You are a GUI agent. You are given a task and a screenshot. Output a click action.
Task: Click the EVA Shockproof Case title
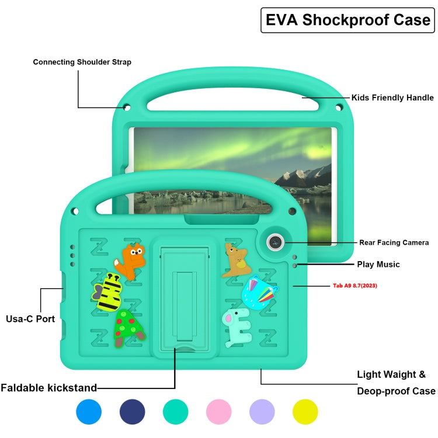pos(348,20)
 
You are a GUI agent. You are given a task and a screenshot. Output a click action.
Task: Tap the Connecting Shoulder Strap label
pos(82,62)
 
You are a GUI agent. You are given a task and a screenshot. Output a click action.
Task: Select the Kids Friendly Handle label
pos(392,98)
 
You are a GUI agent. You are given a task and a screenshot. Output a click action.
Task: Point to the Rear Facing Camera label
pos(394,242)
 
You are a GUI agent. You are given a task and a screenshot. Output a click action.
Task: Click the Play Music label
pos(378,265)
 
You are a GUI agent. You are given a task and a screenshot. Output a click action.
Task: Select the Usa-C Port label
pos(30,319)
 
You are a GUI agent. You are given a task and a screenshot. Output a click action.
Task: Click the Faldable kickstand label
pos(48,387)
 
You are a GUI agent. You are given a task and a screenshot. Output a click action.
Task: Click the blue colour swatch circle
pos(89,412)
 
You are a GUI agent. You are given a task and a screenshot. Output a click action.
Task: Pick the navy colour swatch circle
pos(132,412)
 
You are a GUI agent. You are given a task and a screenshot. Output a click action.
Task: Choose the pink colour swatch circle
pos(218,412)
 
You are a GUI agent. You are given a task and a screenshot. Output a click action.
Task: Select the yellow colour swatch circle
pos(305,412)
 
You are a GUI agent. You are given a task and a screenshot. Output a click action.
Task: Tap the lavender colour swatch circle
pos(262,412)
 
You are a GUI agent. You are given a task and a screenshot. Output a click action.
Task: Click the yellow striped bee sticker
pos(108,292)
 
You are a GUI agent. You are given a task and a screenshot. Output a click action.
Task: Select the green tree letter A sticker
pos(128,328)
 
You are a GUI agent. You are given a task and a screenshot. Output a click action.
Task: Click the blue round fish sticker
pos(258,292)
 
